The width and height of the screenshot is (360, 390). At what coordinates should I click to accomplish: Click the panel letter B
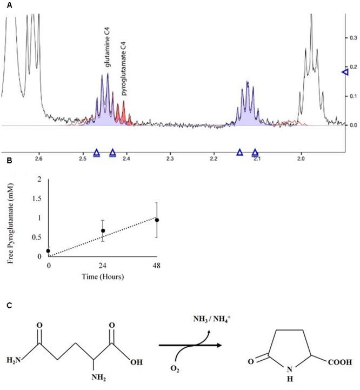tap(4, 161)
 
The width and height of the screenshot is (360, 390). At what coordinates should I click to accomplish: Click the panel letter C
tap(4, 306)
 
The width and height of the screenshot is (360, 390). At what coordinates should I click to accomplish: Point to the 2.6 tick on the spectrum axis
tap(38, 159)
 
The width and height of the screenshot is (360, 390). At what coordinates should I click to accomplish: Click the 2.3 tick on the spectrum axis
tap(170, 159)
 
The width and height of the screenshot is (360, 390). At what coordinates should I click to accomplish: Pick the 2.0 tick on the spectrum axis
tap(302, 159)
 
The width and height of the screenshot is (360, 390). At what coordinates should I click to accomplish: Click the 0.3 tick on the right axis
tap(353, 38)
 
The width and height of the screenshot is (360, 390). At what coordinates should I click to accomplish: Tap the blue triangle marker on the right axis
tap(346, 72)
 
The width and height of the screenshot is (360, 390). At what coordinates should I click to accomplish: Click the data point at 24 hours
tap(103, 231)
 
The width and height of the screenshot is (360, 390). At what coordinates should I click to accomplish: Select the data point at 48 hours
tap(157, 220)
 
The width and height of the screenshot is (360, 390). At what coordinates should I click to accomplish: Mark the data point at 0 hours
tap(49, 251)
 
